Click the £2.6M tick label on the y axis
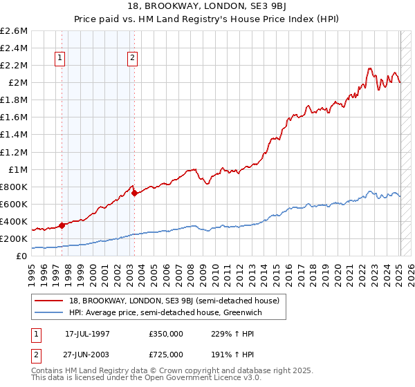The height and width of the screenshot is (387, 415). point(15,31)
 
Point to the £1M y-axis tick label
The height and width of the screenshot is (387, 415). point(17,169)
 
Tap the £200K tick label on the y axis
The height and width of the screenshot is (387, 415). point(14,238)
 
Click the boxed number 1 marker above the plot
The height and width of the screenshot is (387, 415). point(61,58)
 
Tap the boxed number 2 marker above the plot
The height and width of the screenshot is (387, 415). point(132,58)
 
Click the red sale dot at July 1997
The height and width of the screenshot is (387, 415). point(62,225)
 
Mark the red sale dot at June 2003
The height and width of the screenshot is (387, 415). point(135,193)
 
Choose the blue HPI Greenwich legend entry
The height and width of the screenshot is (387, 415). point(173,312)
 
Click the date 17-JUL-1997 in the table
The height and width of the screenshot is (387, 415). point(86,333)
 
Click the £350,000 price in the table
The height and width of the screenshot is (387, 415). point(166,333)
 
